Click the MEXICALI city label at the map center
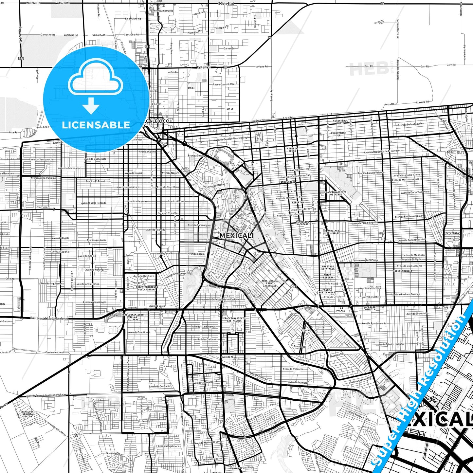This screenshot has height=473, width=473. click(x=236, y=235)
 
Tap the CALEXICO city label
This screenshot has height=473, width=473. click(x=158, y=121)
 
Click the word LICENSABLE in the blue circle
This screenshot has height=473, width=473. click(x=96, y=125)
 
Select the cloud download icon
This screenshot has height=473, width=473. click(x=95, y=86)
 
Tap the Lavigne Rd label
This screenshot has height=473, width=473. click(x=262, y=66)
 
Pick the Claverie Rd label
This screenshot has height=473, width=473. click(x=422, y=102)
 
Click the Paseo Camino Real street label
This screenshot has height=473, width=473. click(x=224, y=84)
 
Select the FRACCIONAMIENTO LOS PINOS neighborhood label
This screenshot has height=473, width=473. click(x=335, y=193)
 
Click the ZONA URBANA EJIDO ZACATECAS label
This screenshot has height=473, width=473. click(x=269, y=283)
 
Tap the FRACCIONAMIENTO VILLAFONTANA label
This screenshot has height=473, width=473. click(x=147, y=288)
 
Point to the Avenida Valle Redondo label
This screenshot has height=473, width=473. click(x=94, y=203)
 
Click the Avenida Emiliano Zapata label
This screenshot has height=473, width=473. click(x=408, y=217)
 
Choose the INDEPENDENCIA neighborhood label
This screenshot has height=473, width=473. click(x=403, y=271)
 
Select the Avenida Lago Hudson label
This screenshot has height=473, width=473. click(x=360, y=380)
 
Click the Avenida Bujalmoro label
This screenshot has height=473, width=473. click(x=168, y=446)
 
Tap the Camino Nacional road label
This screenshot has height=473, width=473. click(x=55, y=352)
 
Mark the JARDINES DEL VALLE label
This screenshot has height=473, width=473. click(x=333, y=232)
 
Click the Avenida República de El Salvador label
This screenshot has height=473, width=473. click(x=382, y=151)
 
